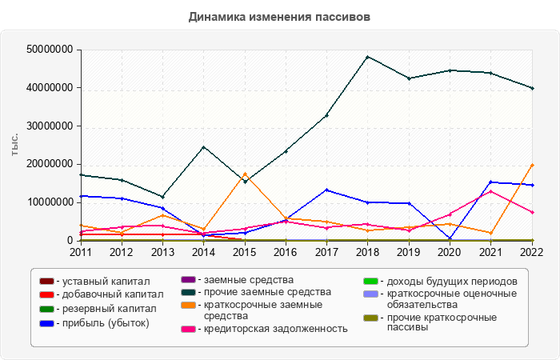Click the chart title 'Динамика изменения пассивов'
[x=280, y=16]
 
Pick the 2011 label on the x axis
[x=80, y=252]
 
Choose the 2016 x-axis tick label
[x=285, y=252]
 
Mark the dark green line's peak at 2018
[x=367, y=57]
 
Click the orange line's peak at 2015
[x=244, y=174]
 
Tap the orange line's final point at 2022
[x=532, y=165]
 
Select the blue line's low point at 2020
[x=450, y=238]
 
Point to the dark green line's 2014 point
[x=203, y=147]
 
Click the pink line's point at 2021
[x=490, y=191]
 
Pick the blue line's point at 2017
[x=326, y=190]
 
